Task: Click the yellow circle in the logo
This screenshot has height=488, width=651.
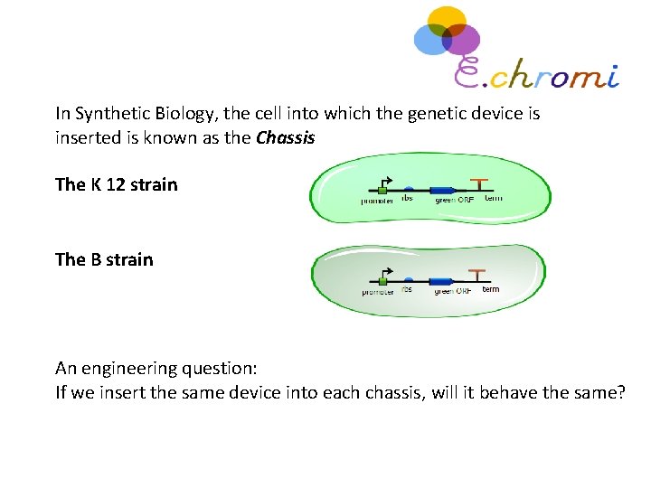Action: (447, 21)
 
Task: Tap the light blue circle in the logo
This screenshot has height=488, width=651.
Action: (430, 38)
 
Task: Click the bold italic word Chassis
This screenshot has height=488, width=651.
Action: (285, 139)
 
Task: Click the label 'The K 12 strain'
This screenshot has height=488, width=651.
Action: (117, 184)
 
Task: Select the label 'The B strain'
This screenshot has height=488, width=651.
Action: (104, 259)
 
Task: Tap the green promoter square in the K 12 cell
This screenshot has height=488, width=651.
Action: (382, 191)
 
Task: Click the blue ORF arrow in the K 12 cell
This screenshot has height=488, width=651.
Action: (441, 190)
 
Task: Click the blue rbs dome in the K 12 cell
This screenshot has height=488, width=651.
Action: (408, 189)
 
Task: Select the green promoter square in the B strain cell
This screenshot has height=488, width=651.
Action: (384, 283)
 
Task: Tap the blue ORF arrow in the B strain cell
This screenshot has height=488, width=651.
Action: (441, 282)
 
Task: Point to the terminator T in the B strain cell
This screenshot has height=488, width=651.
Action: (477, 276)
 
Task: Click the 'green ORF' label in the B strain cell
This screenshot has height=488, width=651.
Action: (452, 292)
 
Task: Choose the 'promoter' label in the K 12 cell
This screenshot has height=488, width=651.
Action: (377, 202)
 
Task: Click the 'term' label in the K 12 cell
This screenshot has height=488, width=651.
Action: (494, 198)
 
